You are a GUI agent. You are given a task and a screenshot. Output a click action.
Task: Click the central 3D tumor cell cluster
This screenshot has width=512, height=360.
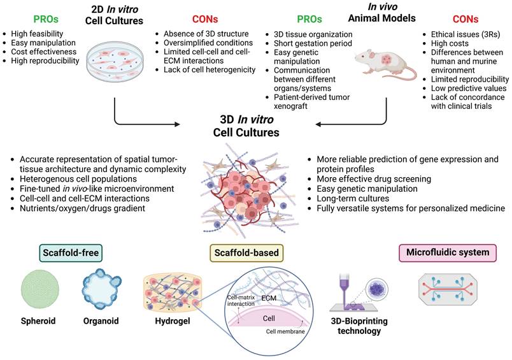[255, 185]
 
